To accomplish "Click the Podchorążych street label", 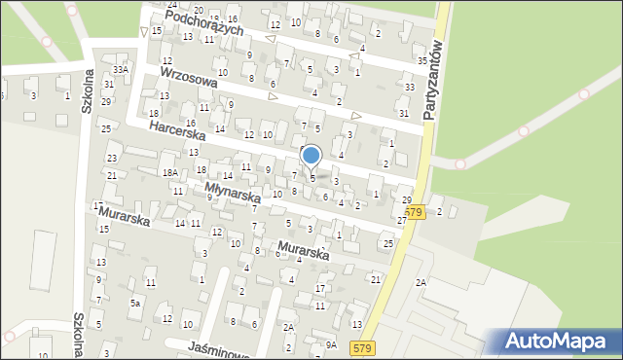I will pyautogui.click(x=203, y=24).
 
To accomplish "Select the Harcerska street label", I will pyautogui.click(x=176, y=135).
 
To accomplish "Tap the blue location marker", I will pyautogui.click(x=311, y=156).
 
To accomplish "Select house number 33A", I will pyautogui.click(x=120, y=70).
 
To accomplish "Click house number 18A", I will pyautogui.click(x=170, y=172).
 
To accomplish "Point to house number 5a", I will pyautogui.click(x=136, y=304).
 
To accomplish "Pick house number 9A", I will pyautogui.click(x=331, y=345).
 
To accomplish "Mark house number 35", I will pyautogui.click(x=422, y=61).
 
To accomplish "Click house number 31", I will pyautogui.click(x=404, y=114).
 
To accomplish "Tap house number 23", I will pyautogui.click(x=112, y=158).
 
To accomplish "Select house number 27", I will pyautogui.click(x=401, y=221).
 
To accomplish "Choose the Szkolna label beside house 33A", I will pyautogui.click(x=86, y=93).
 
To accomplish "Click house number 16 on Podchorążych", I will pyautogui.click(x=232, y=18).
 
